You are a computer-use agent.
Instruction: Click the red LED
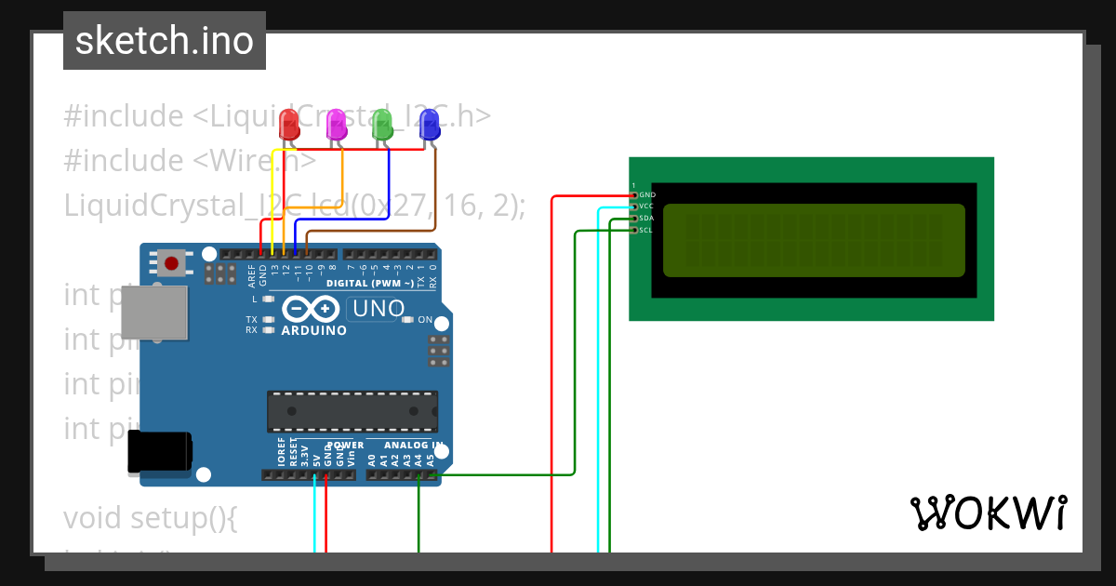pyautogui.click(x=289, y=124)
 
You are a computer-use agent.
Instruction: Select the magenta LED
pyautogui.click(x=336, y=124)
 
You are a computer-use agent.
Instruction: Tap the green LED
pyautogui.click(x=381, y=124)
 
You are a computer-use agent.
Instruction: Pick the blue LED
pyautogui.click(x=429, y=124)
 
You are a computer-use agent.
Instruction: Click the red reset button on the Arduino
pyautogui.click(x=171, y=263)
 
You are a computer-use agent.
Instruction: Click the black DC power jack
pyautogui.click(x=159, y=453)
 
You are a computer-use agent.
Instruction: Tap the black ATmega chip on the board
pyautogui.click(x=352, y=411)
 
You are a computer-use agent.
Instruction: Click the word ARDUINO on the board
pyautogui.click(x=313, y=330)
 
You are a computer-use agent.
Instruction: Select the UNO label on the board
pyautogui.click(x=376, y=308)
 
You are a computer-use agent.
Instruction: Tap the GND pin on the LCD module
pyautogui.click(x=635, y=195)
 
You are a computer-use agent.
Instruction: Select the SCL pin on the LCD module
pyautogui.click(x=635, y=229)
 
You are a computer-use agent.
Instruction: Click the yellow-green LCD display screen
pyautogui.click(x=814, y=240)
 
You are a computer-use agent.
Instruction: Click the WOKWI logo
pyautogui.click(x=988, y=513)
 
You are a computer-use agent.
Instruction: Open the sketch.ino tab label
pyautogui.click(x=165, y=41)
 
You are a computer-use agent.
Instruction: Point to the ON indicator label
pyautogui.click(x=424, y=320)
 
